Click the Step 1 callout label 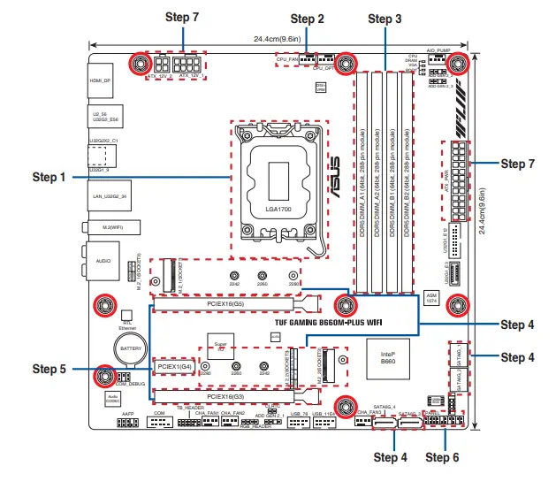pyautogui.click(x=50, y=177)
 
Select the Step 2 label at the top pyautogui.click(x=308, y=19)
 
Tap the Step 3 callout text pyautogui.click(x=385, y=19)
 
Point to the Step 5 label pyautogui.click(x=50, y=369)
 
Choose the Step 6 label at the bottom pyautogui.click(x=442, y=457)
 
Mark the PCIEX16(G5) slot pyautogui.click(x=232, y=303)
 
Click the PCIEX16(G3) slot pyautogui.click(x=232, y=396)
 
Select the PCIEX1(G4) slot pyautogui.click(x=174, y=365)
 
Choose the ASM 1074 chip pyautogui.click(x=431, y=297)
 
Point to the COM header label pyautogui.click(x=160, y=413)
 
